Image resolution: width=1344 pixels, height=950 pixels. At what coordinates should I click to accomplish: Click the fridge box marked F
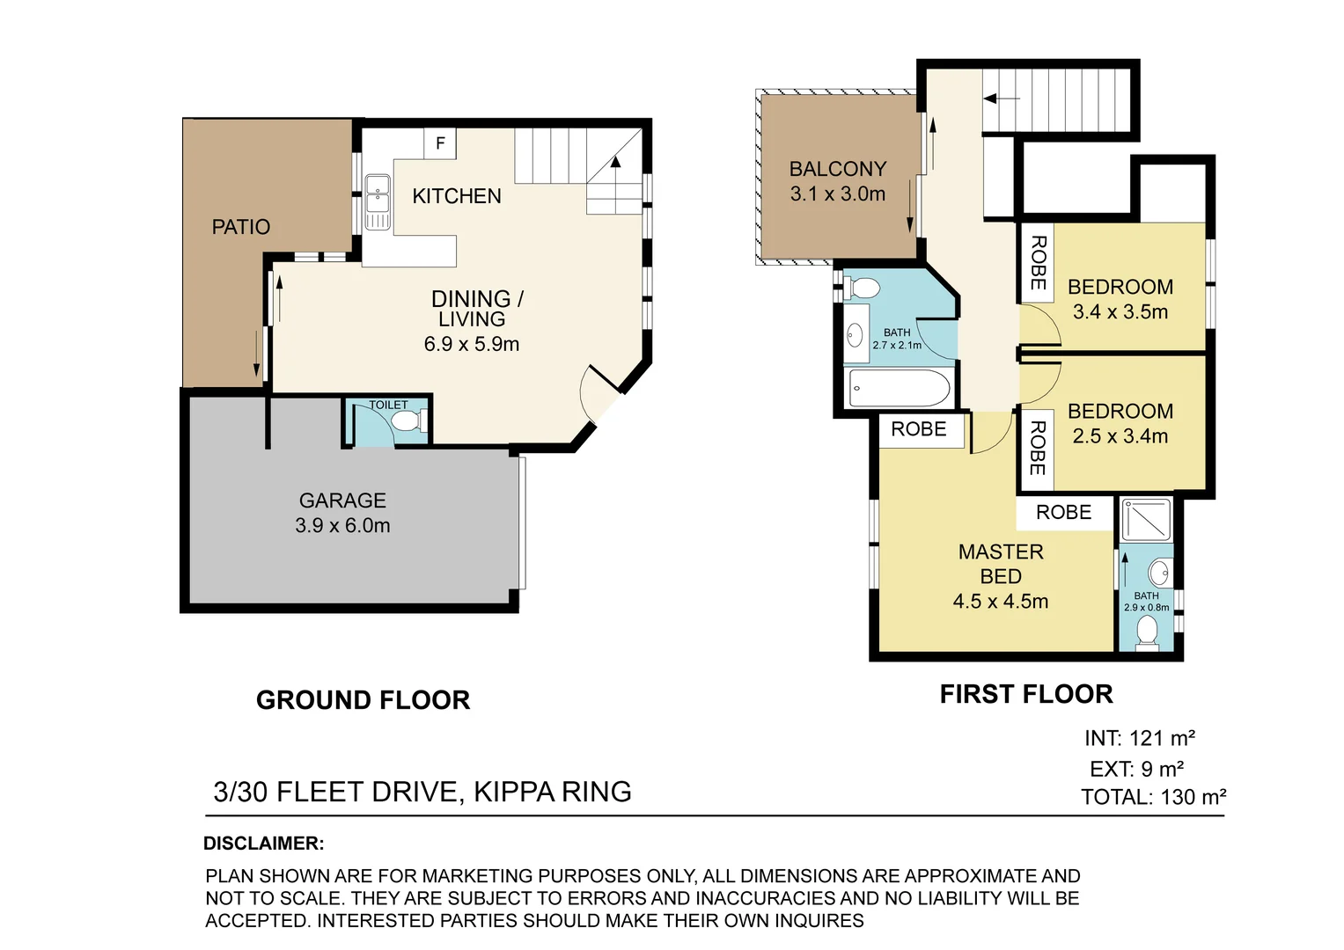(x=440, y=143)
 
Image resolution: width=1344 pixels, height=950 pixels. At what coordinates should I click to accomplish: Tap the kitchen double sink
(x=378, y=202)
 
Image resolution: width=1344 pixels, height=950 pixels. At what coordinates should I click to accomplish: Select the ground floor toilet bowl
(x=410, y=420)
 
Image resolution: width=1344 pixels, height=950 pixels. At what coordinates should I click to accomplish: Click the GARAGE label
(x=342, y=501)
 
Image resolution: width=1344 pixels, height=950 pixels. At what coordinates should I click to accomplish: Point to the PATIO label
(x=241, y=227)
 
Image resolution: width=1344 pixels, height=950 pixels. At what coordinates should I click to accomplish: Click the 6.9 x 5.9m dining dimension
(x=472, y=344)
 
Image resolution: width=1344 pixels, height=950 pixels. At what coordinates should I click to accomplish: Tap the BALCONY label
(x=838, y=169)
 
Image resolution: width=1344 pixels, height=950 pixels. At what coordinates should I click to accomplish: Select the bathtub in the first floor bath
(x=900, y=388)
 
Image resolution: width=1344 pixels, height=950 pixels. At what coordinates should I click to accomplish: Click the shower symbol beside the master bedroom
(x=1146, y=519)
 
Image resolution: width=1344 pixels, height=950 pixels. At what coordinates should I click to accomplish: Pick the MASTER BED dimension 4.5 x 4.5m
(x=1001, y=601)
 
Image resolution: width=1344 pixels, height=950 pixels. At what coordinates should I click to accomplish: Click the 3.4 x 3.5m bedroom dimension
(x=1120, y=312)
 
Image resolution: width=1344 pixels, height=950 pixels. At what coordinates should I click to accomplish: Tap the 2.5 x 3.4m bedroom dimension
(x=1120, y=436)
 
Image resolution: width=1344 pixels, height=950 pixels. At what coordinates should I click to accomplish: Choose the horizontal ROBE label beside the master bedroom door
(x=919, y=429)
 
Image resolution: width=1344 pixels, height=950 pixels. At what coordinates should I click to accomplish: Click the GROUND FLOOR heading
(x=363, y=700)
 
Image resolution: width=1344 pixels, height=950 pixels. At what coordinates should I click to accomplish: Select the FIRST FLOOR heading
(x=1026, y=695)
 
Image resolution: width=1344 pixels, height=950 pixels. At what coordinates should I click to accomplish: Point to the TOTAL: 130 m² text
(x=1153, y=797)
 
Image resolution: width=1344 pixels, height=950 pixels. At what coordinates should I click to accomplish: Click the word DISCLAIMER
(x=263, y=844)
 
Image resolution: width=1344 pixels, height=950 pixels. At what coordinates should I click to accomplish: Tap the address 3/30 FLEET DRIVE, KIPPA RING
(x=422, y=792)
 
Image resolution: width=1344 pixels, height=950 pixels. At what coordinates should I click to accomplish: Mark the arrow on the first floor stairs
(x=1001, y=99)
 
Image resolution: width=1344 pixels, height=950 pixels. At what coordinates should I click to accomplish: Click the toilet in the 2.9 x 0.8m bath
(x=1147, y=634)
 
